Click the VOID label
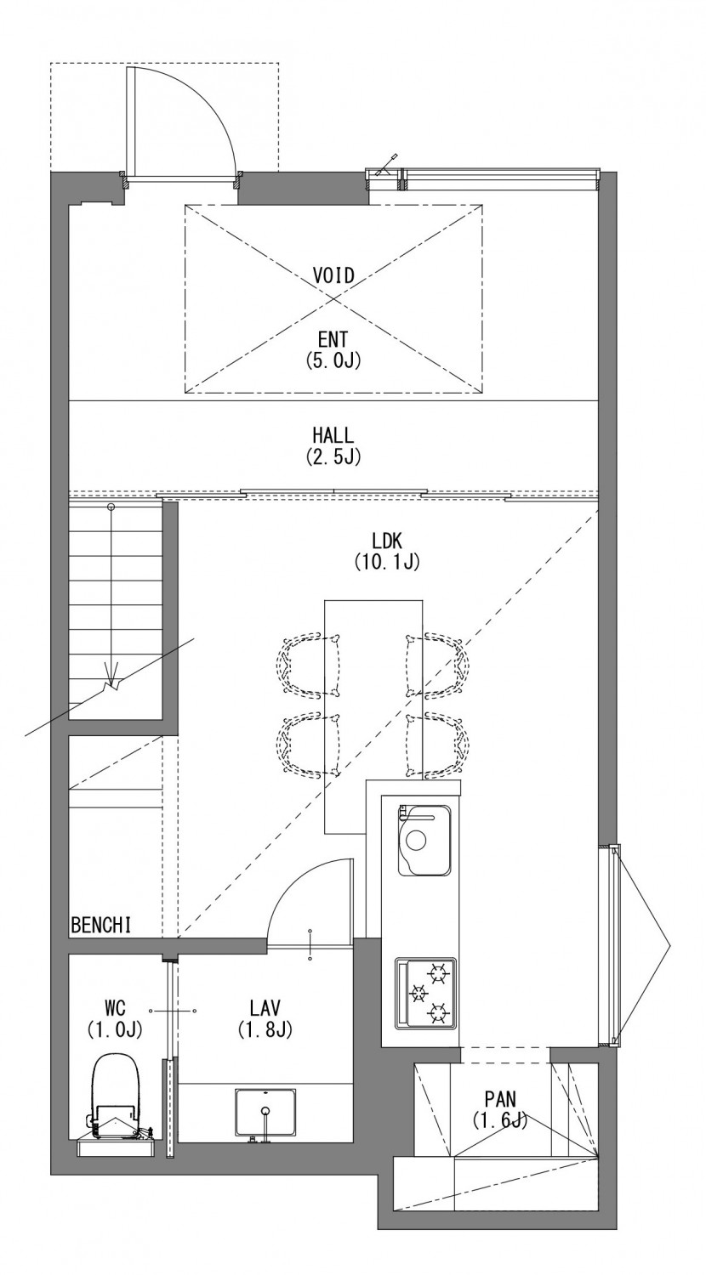tap(333, 275)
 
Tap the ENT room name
tap(333, 340)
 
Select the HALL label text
tap(333, 435)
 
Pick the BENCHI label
tap(101, 925)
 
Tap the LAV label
tap(265, 1008)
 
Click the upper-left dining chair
tap(308, 666)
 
